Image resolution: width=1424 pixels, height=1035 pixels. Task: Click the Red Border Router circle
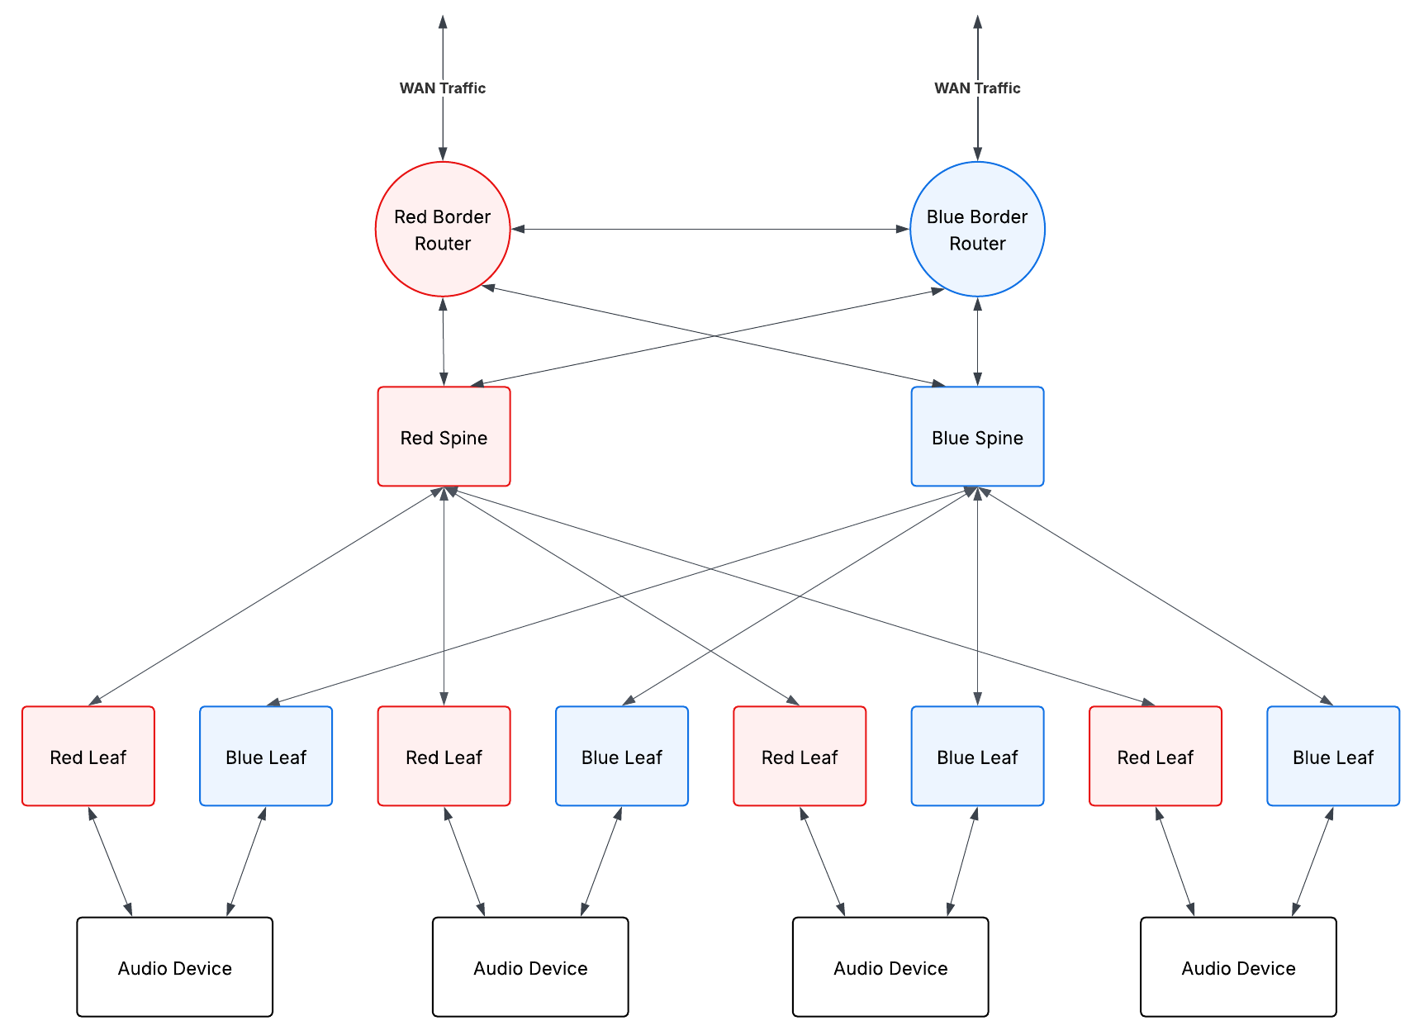click(443, 230)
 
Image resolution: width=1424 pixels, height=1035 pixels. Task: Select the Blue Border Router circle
click(977, 230)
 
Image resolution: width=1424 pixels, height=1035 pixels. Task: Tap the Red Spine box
click(444, 437)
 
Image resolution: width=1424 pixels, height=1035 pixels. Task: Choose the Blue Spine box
click(977, 437)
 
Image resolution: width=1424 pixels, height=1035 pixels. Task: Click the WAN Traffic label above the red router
click(443, 88)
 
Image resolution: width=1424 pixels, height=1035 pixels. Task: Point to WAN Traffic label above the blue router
click(977, 88)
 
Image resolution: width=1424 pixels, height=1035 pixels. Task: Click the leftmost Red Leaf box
click(88, 756)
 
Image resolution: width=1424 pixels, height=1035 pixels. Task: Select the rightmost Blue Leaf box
click(1332, 756)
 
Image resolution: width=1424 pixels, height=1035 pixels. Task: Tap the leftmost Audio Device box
click(174, 967)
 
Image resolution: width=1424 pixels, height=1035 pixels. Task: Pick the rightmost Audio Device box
click(1237, 967)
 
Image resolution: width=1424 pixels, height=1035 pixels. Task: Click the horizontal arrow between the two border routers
click(710, 230)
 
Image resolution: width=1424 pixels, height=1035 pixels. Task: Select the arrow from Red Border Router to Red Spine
click(444, 341)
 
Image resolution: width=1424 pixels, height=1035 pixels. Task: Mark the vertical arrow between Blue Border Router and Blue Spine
click(978, 341)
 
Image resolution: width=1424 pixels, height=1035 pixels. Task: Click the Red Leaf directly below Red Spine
click(444, 756)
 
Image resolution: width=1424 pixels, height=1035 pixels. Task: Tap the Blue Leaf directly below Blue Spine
click(977, 756)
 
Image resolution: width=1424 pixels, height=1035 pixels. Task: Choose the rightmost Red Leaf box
click(1155, 756)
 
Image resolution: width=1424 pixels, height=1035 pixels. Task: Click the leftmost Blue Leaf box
click(266, 756)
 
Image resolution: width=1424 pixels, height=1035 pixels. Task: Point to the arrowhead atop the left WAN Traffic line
click(443, 21)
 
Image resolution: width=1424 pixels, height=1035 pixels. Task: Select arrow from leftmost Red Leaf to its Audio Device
click(110, 862)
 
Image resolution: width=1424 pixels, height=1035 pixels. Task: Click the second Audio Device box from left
click(530, 967)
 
